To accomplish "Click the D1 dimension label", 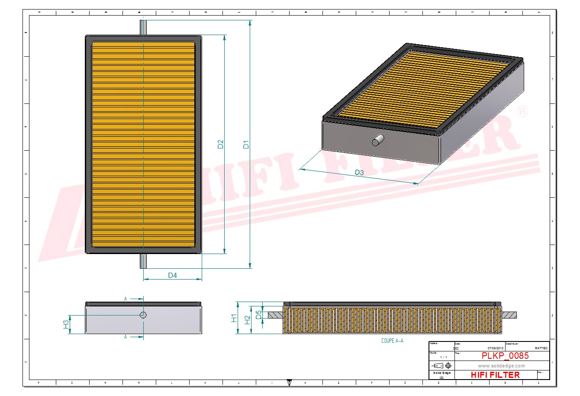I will coord(246,144).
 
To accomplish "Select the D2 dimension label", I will coord(220,144).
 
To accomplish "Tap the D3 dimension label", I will coord(359,172).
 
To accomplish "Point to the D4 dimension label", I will coord(172,275).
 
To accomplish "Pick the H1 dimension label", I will coord(234,318).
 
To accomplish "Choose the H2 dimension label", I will coord(247,320).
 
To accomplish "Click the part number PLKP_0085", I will coord(505,356).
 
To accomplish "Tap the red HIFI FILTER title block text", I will coord(495,375).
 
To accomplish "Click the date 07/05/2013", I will coord(495,348).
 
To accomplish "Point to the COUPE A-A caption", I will coord(392,341).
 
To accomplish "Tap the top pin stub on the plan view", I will coord(143,27).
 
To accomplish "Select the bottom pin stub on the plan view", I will coord(143,261).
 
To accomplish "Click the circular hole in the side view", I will coord(143,315).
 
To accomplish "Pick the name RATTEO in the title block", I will coord(541,348).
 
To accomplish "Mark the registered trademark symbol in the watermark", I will coord(522,112).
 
